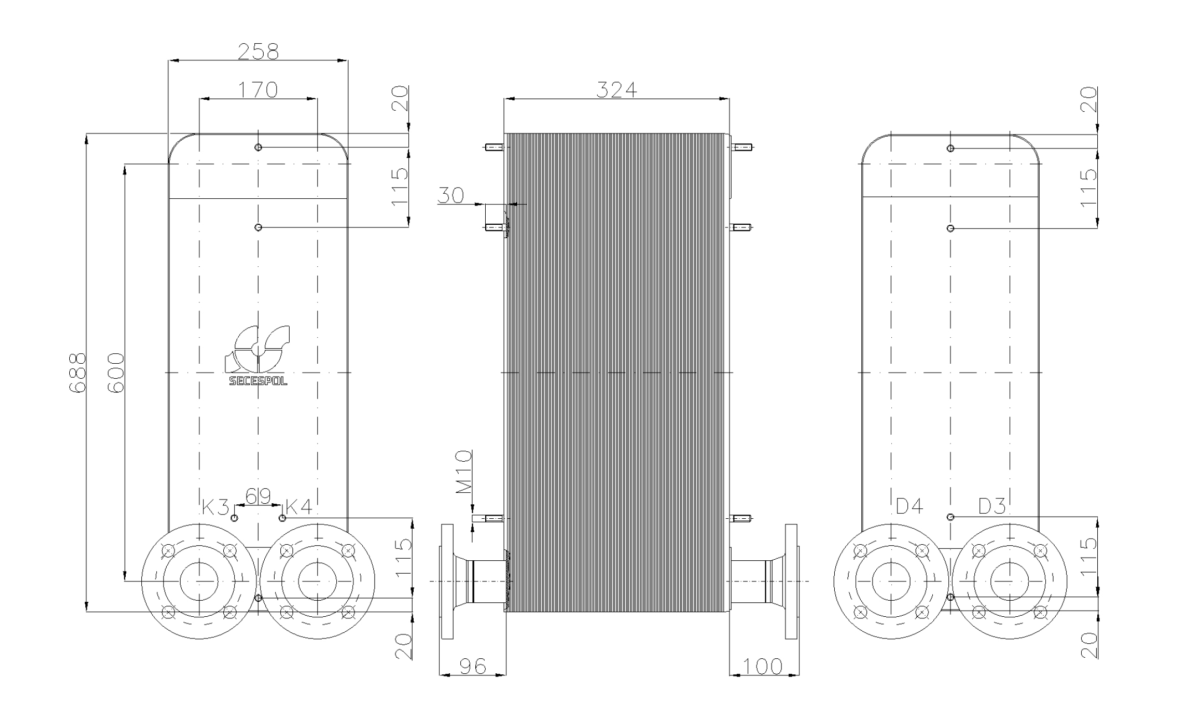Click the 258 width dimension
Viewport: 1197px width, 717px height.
coord(258,51)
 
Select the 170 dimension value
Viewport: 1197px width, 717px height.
coord(258,90)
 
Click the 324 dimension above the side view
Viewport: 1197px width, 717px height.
coord(617,90)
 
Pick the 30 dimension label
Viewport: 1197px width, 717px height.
coord(450,195)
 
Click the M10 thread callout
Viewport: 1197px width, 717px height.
coord(464,472)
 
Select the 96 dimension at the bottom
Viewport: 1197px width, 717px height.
coord(472,666)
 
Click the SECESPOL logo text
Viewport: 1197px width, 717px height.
coord(258,381)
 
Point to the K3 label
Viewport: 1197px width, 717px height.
coord(215,506)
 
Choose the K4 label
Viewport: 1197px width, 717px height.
coord(299,506)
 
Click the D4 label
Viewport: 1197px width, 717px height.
coord(909,506)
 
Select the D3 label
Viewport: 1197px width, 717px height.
coord(991,506)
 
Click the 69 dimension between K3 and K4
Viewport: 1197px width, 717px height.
coord(258,497)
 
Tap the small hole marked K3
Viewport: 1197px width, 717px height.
coord(234,518)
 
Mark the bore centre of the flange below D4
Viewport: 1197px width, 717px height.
coord(891,581)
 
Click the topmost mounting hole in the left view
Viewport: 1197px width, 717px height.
coord(258,147)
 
